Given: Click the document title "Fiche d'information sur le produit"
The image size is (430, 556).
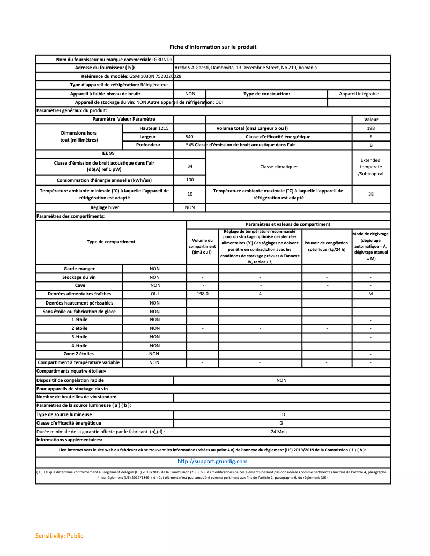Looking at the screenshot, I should pyautogui.click(x=213, y=47).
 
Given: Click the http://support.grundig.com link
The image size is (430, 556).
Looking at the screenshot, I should pyautogui.click(x=212, y=461).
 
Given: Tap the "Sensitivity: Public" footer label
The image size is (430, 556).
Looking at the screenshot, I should pyautogui.click(x=60, y=536).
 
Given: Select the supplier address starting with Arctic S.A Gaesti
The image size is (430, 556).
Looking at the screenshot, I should pyautogui.click(x=246, y=68).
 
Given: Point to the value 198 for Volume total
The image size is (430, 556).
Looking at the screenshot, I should pyautogui.click(x=370, y=128).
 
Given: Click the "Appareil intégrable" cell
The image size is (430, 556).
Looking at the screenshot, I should pyautogui.click(x=359, y=94).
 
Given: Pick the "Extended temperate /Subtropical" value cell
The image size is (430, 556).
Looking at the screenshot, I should pyautogui.click(x=370, y=167).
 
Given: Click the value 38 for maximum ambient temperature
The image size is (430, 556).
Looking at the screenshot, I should pyautogui.click(x=370, y=194).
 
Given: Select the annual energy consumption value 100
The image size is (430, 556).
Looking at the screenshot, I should pyautogui.click(x=190, y=180).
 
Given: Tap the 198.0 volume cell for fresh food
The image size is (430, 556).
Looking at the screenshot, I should pyautogui.click(x=202, y=294).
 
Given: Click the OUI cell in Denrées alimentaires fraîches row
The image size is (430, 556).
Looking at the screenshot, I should pyautogui.click(x=154, y=294).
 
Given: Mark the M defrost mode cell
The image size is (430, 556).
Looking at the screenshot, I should pyautogui.click(x=370, y=294).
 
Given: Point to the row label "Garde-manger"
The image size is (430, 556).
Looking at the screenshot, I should pyautogui.click(x=79, y=268).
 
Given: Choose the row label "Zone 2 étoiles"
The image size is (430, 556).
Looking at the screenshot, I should pyautogui.click(x=79, y=354).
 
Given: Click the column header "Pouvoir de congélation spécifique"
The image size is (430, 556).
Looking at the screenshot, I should pyautogui.click(x=327, y=246).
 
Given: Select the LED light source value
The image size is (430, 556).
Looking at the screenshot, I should pyautogui.click(x=281, y=414).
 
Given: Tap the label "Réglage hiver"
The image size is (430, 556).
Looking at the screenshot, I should pyautogui.click(x=105, y=207).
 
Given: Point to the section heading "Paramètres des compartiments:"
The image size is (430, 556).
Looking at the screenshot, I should pyautogui.click(x=70, y=216).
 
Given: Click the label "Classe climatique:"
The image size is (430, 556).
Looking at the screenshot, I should pyautogui.click(x=278, y=167).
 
